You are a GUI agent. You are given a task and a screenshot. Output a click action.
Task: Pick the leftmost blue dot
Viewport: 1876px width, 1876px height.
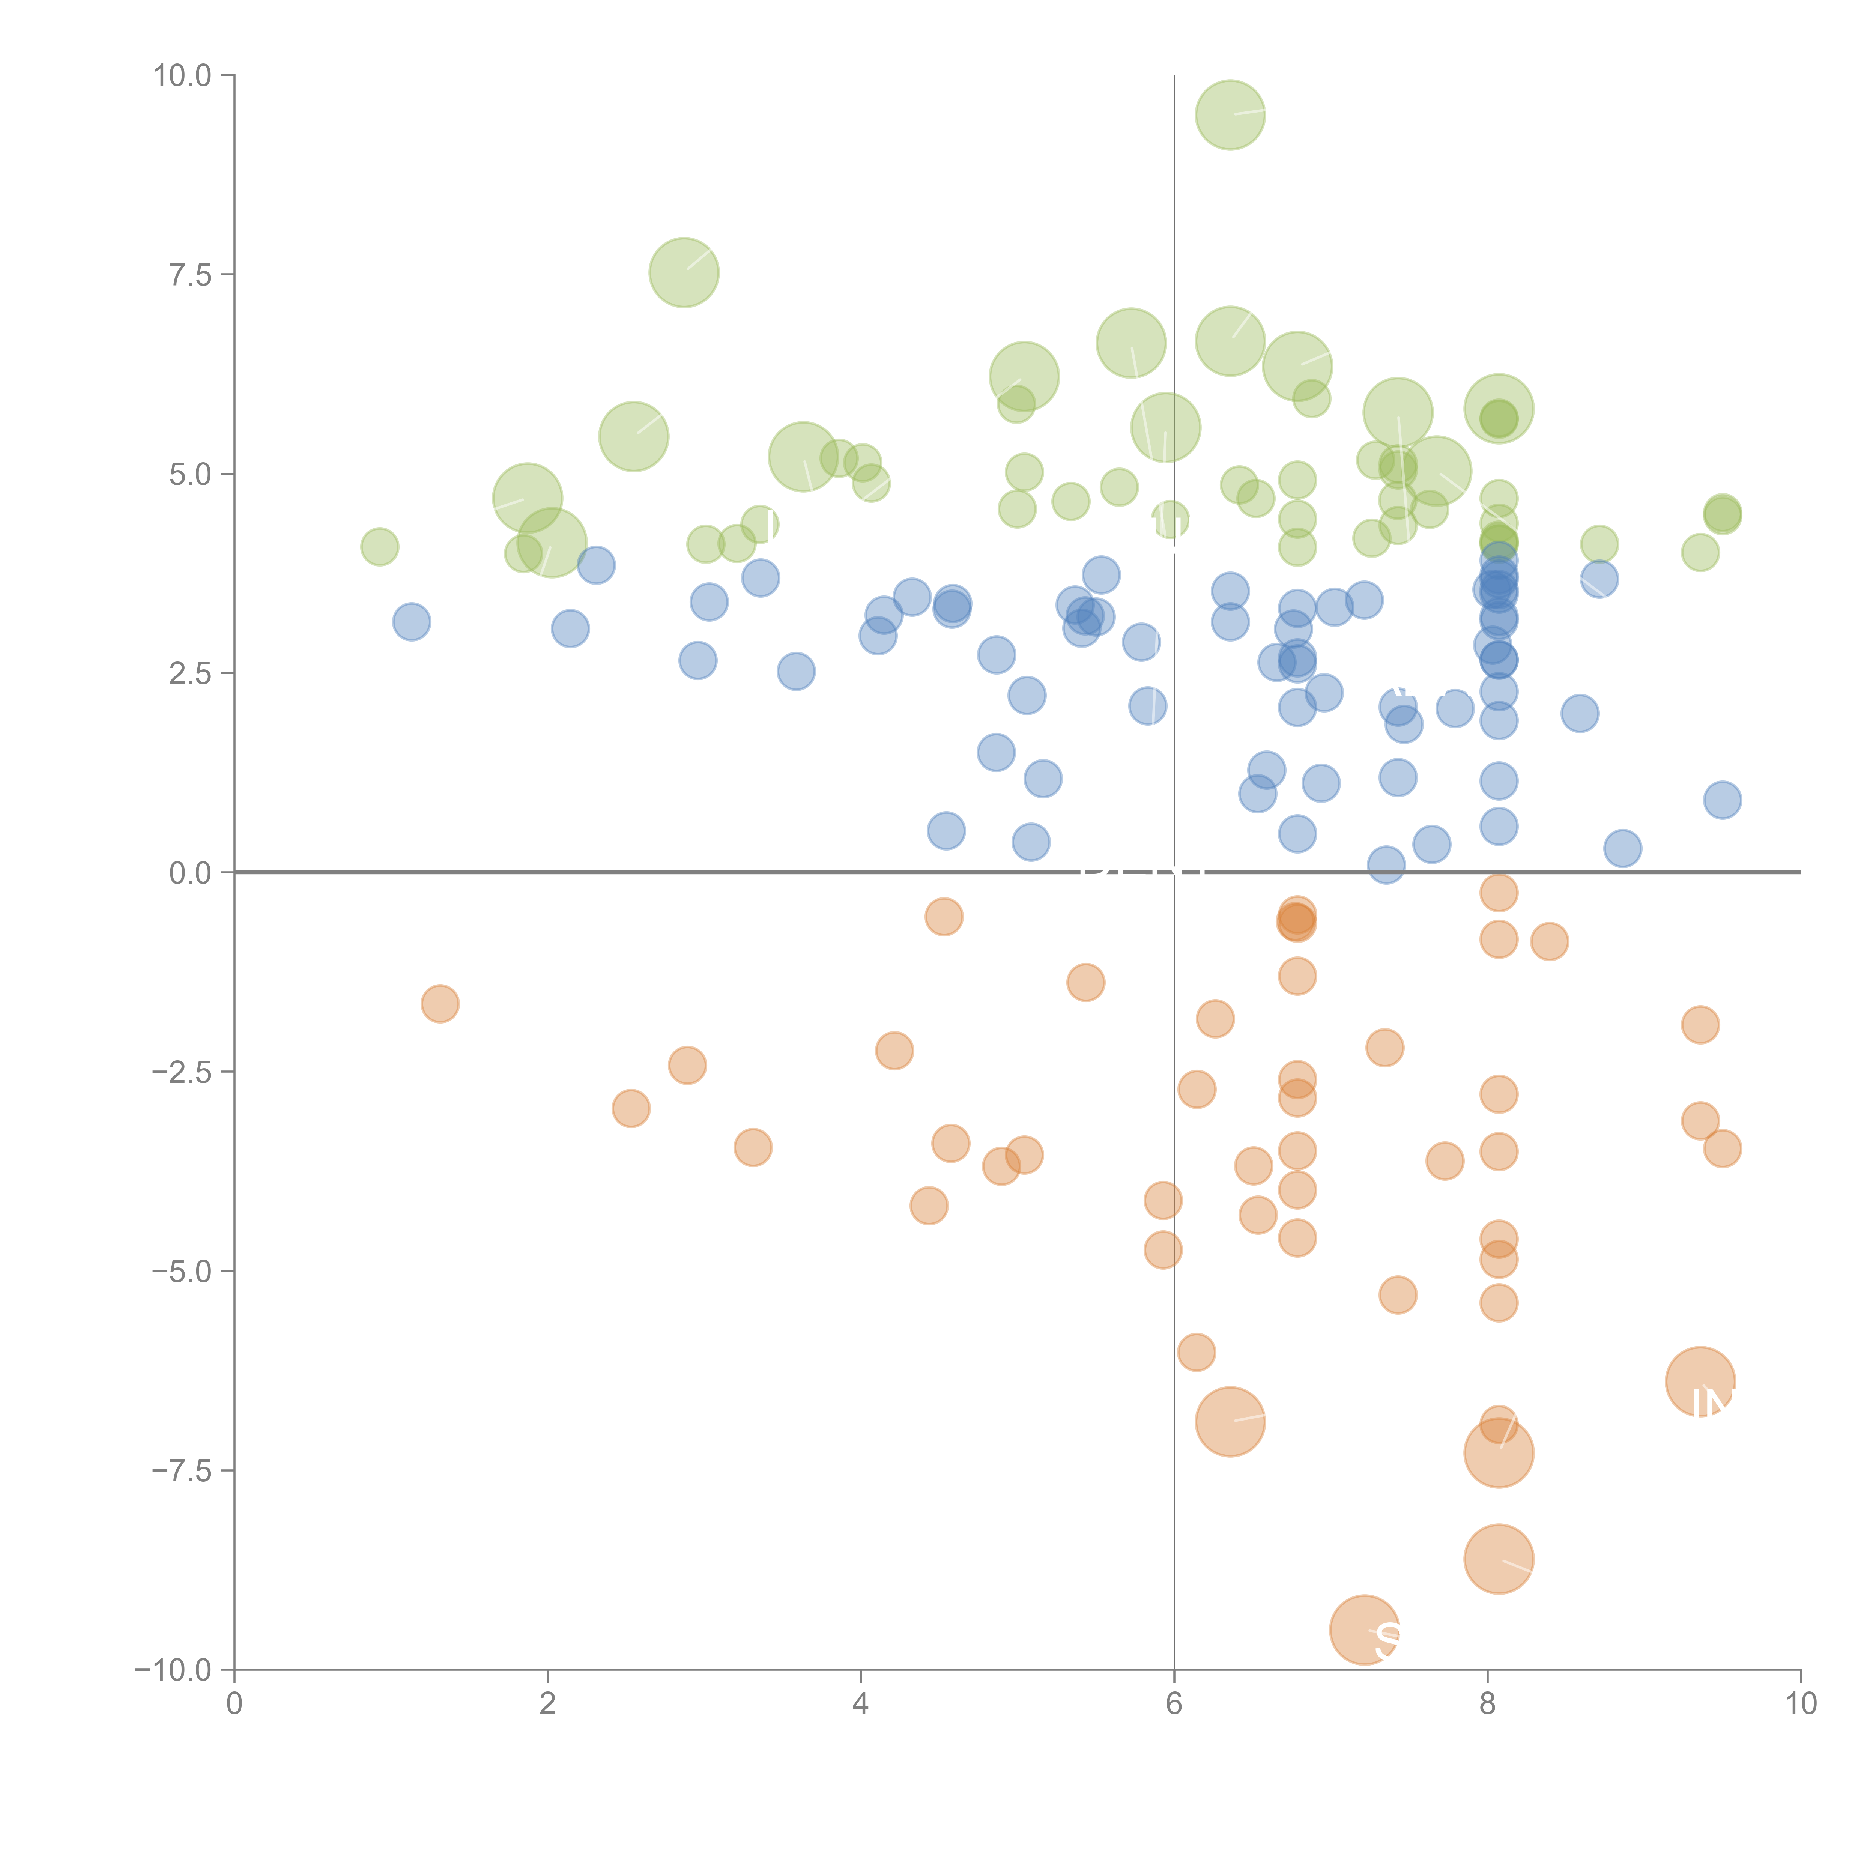tap(412, 621)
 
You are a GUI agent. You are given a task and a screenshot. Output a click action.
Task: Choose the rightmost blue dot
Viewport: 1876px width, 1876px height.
tap(1722, 800)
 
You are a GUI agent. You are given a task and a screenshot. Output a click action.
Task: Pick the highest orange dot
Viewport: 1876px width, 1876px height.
tap(1498, 892)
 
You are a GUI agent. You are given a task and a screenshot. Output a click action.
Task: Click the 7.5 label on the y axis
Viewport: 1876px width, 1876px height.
tap(190, 275)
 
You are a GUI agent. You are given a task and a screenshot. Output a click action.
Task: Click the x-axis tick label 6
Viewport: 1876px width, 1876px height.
tap(1174, 1704)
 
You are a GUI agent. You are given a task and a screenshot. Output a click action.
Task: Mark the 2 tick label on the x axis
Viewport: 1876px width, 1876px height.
tap(548, 1704)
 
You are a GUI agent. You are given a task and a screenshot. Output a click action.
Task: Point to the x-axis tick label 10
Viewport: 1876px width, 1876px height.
tap(1800, 1704)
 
